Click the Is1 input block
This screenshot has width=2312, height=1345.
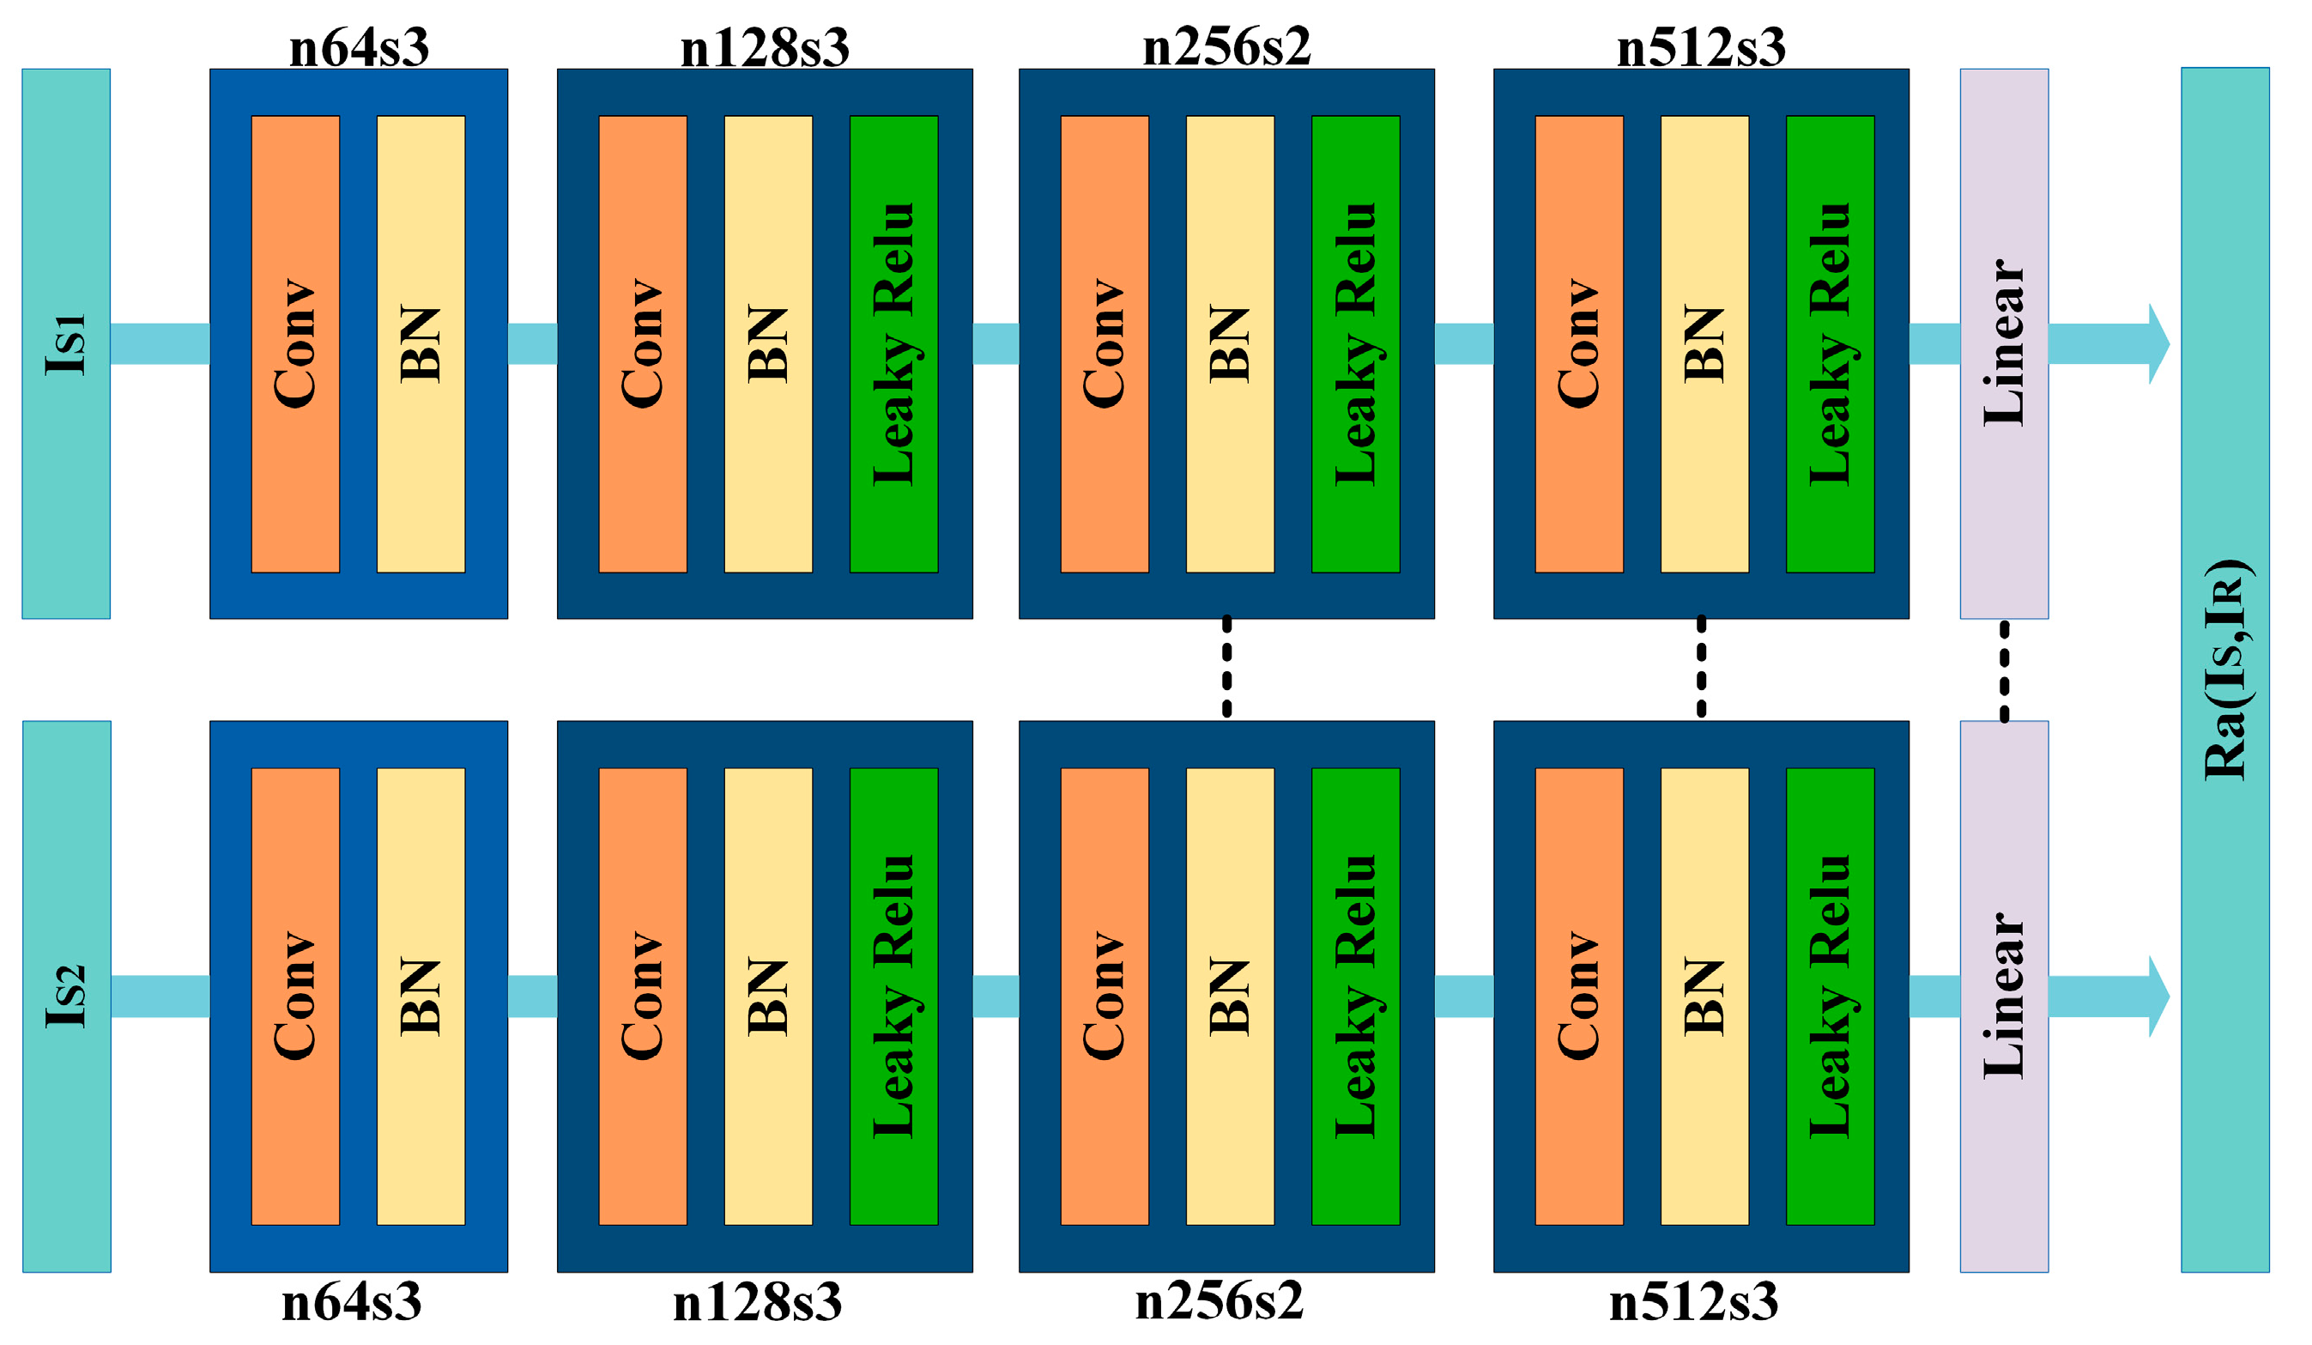66,344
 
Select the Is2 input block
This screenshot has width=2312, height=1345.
66,997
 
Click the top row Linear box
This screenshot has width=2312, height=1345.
2004,344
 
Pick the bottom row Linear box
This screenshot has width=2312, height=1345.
2004,997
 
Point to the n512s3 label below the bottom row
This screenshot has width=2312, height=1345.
1693,1302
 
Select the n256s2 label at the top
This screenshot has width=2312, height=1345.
1226,45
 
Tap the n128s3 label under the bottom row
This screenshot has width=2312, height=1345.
757,1302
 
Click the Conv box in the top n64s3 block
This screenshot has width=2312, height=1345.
295,344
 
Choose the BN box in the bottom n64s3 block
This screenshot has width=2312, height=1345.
421,997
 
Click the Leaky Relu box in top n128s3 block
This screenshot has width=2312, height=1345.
893,344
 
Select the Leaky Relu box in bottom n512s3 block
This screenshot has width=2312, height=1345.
1830,997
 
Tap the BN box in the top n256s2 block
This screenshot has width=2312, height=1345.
1230,344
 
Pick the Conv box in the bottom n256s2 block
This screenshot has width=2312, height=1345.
1105,997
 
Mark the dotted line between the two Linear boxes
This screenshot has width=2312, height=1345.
2004,670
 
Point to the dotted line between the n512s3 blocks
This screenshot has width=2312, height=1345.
1701,667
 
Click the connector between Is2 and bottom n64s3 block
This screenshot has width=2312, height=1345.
160,997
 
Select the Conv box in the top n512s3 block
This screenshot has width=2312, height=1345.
1579,344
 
